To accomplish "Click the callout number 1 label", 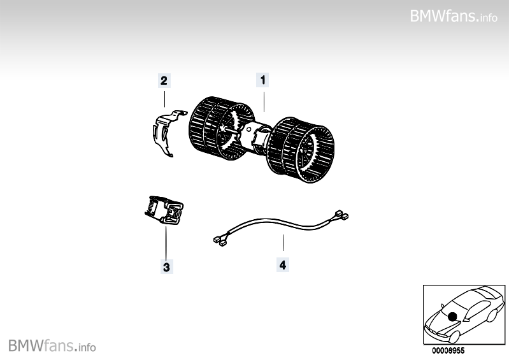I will pyautogui.click(x=262, y=80).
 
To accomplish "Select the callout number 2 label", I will pyautogui.click(x=164, y=80).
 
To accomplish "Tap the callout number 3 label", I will pyautogui.click(x=165, y=268).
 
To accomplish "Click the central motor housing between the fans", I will pyautogui.click(x=255, y=133).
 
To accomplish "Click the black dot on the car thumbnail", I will pyautogui.click(x=452, y=316).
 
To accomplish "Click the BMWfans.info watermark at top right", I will pyautogui.click(x=453, y=16).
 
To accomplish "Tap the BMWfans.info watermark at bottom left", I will pyautogui.click(x=52, y=347).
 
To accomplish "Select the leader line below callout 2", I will pyautogui.click(x=164, y=97).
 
